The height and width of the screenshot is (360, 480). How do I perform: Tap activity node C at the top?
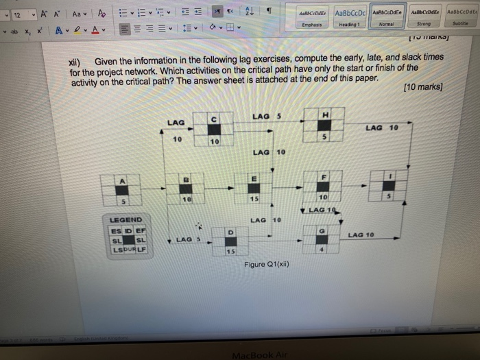pos(214,128)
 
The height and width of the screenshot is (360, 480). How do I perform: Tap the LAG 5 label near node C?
pos(266,117)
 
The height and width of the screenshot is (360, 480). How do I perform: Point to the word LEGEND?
pos(125,220)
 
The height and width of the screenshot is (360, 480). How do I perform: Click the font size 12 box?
pos(16,14)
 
